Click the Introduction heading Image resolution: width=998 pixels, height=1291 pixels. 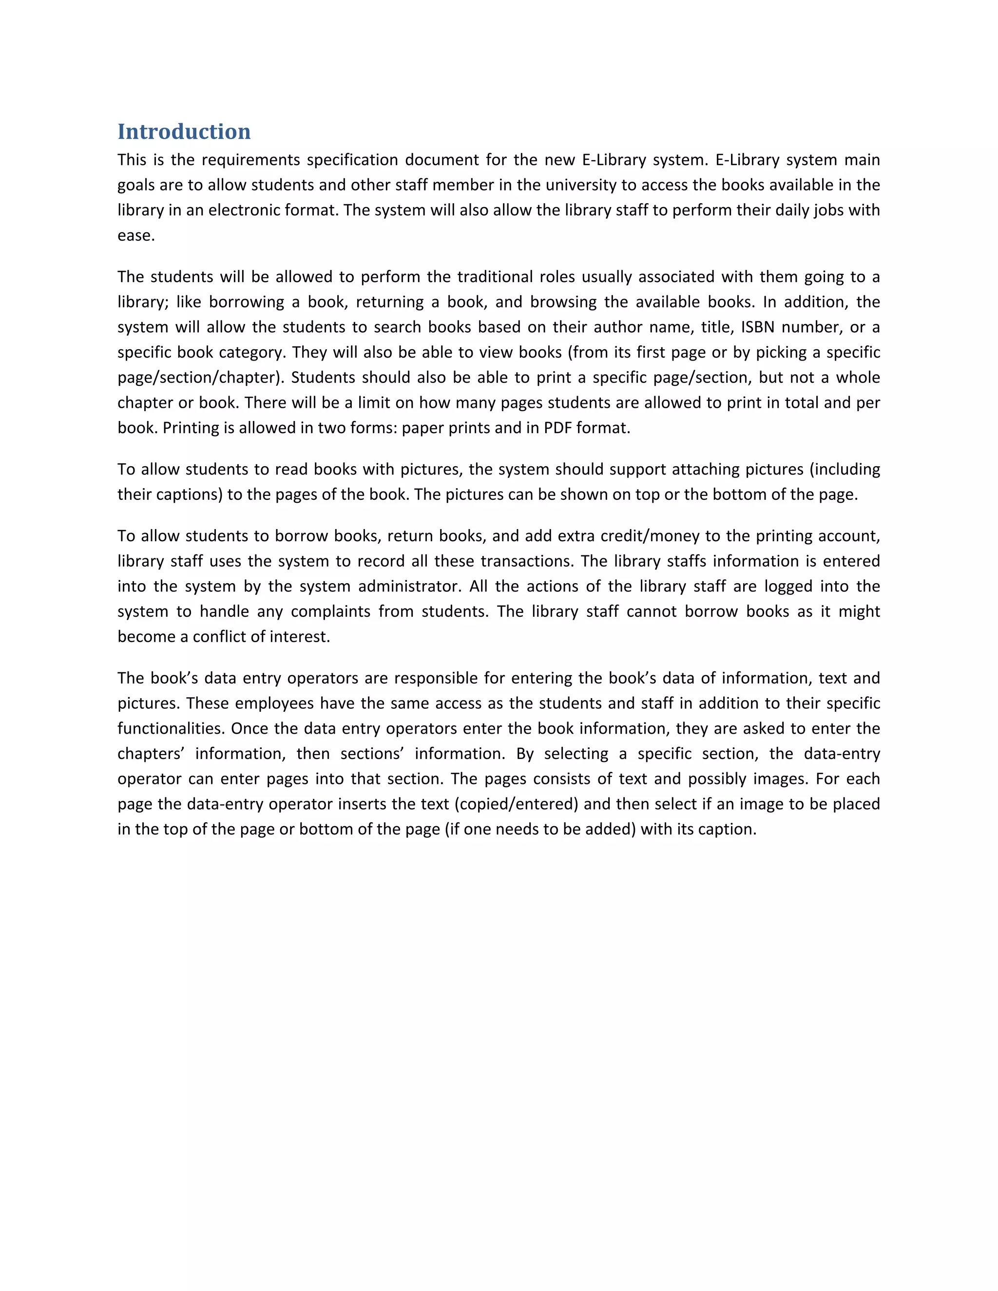point(184,131)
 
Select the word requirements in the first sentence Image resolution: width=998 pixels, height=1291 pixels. point(255,160)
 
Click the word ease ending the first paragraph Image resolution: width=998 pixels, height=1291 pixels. point(135,236)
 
